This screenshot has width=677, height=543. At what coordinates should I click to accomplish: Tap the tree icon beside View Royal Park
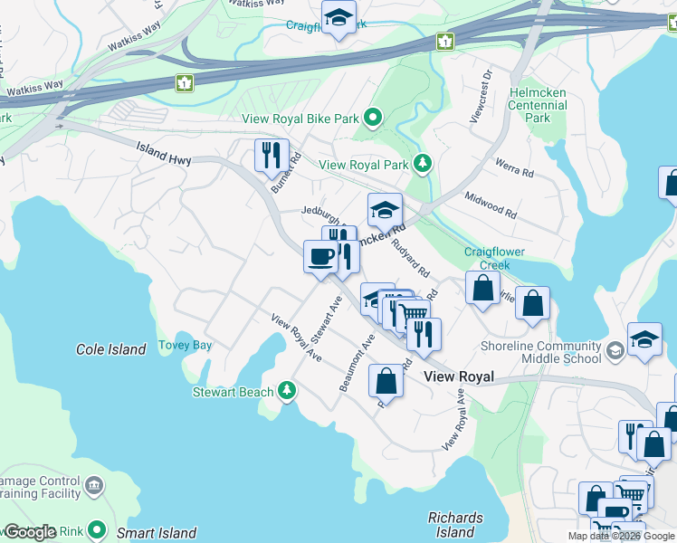[x=421, y=164]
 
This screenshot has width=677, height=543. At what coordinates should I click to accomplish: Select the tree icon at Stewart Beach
[x=287, y=391]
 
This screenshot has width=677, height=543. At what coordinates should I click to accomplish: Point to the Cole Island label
[x=110, y=349]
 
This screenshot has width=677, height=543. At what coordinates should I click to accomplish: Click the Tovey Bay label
[x=185, y=345]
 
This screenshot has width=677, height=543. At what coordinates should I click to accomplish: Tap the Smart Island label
[x=156, y=533]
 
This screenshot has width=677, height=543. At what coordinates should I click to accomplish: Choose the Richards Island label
[x=455, y=525]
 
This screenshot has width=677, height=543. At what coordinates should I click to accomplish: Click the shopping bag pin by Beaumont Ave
[x=386, y=381]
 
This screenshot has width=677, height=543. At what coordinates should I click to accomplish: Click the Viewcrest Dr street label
[x=480, y=96]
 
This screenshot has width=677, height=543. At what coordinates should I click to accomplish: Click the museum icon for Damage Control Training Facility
[x=93, y=489]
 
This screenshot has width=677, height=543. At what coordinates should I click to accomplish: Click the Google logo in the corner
[x=30, y=532]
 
